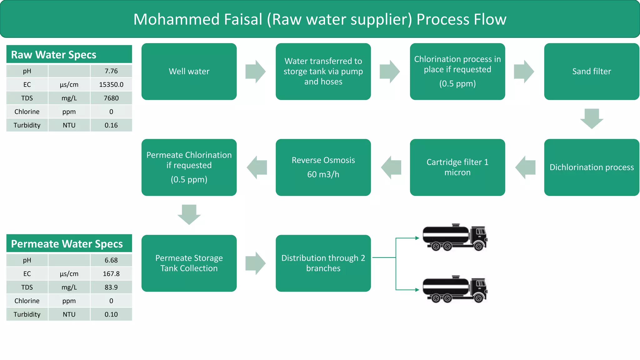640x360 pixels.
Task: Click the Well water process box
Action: [189, 72]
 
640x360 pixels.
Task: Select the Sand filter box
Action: [591, 72]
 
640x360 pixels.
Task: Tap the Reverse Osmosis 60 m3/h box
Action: [323, 167]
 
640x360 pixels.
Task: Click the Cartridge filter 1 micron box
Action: [457, 167]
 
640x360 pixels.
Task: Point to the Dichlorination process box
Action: [591, 167]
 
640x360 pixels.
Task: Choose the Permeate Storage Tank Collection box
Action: [189, 263]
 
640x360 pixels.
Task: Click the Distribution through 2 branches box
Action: [323, 263]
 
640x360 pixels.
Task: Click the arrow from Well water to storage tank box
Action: [255, 72]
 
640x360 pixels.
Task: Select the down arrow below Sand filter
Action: [592, 118]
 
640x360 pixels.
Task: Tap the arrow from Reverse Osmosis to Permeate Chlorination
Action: [257, 167]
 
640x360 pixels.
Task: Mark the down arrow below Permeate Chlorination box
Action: [189, 214]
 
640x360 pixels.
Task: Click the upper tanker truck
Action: [455, 237]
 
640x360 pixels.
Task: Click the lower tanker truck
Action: [455, 289]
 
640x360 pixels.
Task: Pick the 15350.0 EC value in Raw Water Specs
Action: [111, 85]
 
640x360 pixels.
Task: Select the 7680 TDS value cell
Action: [111, 98]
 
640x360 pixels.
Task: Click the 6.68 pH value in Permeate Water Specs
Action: [111, 260]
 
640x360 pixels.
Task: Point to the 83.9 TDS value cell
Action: [111, 287]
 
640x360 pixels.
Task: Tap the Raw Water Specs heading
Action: [54, 55]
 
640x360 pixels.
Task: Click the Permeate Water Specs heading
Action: [67, 244]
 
